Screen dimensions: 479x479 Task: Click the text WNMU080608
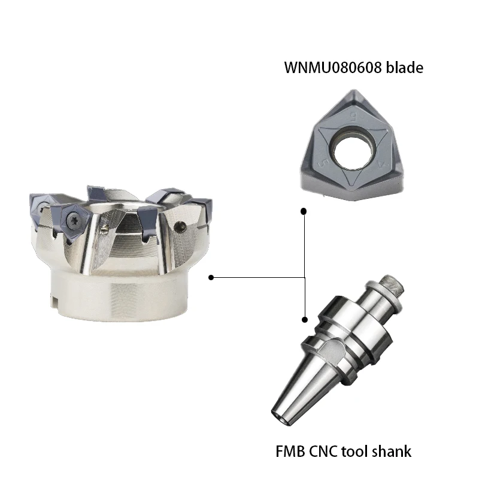333,68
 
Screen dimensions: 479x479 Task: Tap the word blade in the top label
405,67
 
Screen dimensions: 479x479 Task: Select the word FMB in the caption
290,451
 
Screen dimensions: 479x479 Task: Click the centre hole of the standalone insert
353,152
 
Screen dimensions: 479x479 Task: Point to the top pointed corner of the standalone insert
354,90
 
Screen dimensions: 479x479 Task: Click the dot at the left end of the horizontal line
211,277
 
